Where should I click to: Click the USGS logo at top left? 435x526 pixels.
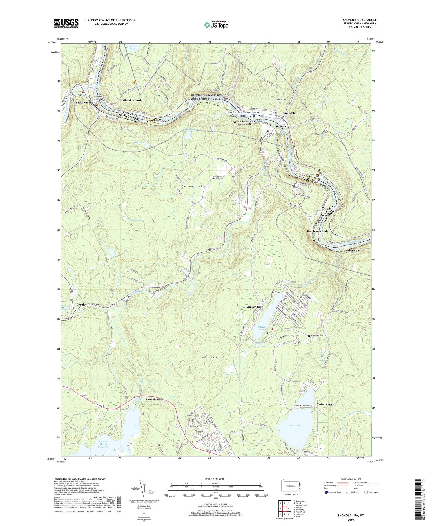coord(66,23)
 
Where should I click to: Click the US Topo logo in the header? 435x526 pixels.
coord(216,25)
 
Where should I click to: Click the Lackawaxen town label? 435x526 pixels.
coord(84,103)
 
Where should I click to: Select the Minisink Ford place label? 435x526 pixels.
coord(131,100)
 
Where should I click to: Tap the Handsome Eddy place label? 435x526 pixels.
coord(318,231)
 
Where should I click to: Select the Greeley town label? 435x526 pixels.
coord(81,305)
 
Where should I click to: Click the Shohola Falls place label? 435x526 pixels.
coord(154,400)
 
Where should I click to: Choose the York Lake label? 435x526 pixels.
coord(132,47)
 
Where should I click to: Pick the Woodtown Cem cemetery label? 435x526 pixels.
coord(318,335)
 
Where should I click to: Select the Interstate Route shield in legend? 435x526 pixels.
coord(327,492)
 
